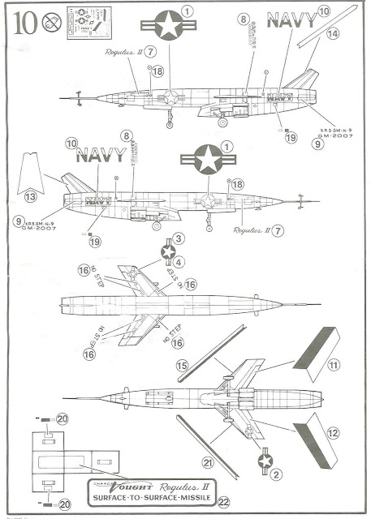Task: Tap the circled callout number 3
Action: pyautogui.click(x=179, y=238)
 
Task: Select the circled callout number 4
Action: pyautogui.click(x=179, y=261)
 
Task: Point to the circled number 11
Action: pyautogui.click(x=332, y=366)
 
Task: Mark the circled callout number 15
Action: pyautogui.click(x=182, y=366)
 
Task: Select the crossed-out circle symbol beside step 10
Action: pyautogui.click(x=52, y=22)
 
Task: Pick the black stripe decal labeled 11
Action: pyautogui.click(x=312, y=347)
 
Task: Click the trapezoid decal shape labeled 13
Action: pyautogui.click(x=30, y=173)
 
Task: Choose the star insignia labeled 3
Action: pyautogui.click(x=168, y=251)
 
